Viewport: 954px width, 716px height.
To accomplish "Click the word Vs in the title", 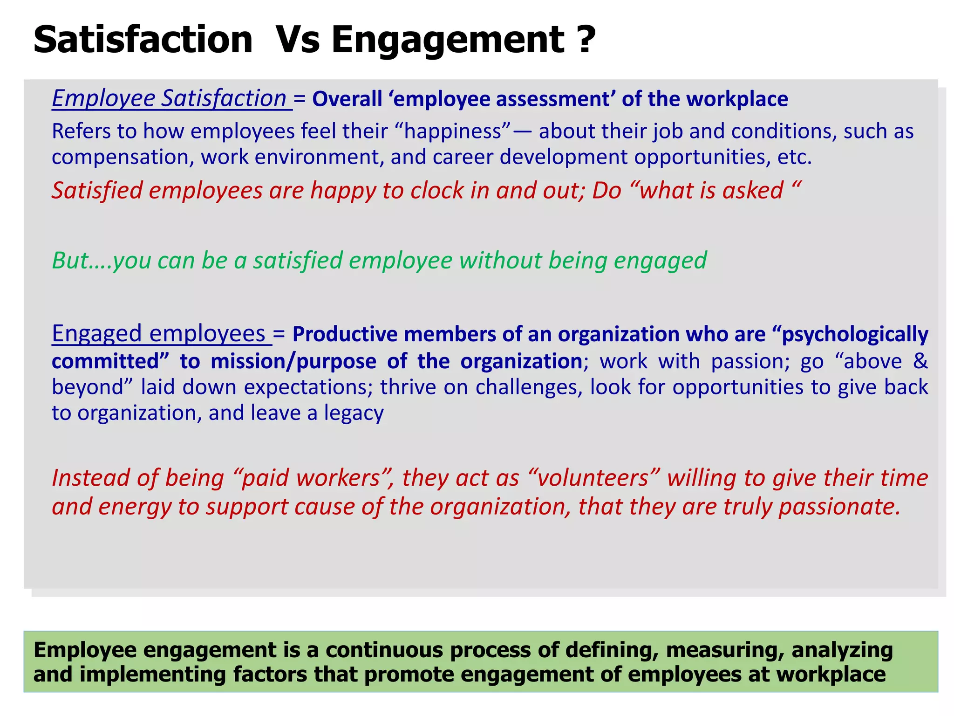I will point(297,40).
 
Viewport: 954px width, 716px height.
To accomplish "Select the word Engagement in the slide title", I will point(448,40).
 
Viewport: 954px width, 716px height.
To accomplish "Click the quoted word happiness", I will point(452,131).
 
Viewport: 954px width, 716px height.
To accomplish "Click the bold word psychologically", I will point(854,335).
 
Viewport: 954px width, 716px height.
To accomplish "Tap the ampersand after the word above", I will point(920,361).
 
